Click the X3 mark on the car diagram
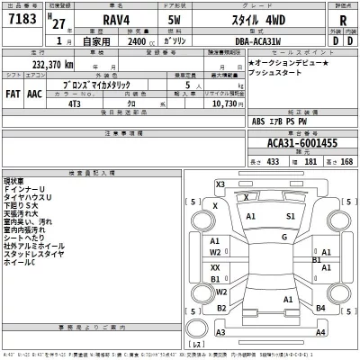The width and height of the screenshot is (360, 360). [x=220, y=184]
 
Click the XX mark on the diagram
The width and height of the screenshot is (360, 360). [x=215, y=267]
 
